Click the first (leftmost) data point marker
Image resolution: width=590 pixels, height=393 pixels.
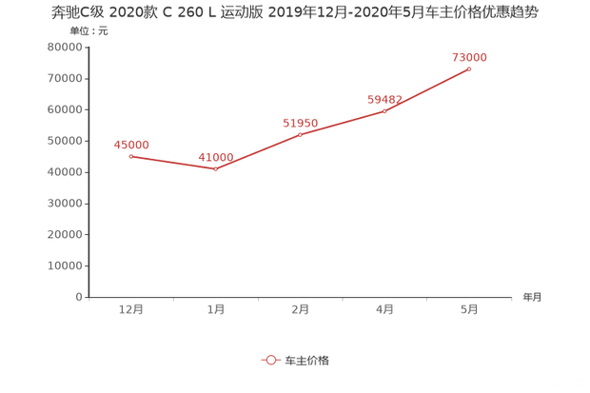click(130, 155)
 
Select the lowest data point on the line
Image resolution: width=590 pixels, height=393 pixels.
click(216, 169)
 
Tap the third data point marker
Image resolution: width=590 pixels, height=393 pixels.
click(301, 133)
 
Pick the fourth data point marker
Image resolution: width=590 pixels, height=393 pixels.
click(385, 110)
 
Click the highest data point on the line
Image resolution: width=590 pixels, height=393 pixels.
click(470, 69)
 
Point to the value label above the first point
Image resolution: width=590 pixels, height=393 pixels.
click(130, 145)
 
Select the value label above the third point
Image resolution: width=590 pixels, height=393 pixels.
click(301, 122)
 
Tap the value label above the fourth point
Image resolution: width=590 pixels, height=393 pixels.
click(385, 99)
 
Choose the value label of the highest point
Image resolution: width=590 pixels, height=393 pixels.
click(470, 57)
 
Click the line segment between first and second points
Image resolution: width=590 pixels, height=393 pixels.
click(173, 163)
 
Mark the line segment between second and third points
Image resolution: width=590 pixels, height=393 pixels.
click(258, 151)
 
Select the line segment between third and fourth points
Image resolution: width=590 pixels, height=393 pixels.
click(343, 122)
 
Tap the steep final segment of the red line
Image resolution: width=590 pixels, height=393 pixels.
click(428, 89)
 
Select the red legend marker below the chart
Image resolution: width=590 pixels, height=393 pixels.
click(270, 360)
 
